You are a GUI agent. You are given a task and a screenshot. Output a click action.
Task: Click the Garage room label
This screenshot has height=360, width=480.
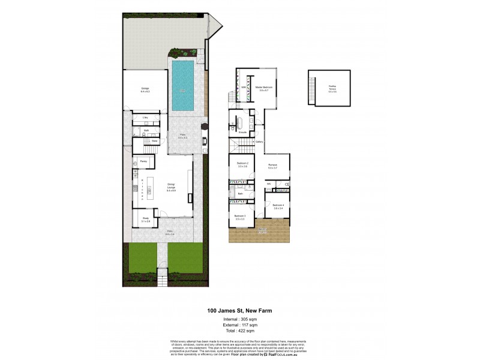[145, 90]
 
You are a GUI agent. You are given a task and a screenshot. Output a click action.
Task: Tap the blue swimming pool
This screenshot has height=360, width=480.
[182, 87]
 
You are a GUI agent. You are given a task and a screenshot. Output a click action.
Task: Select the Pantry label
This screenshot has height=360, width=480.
[143, 162]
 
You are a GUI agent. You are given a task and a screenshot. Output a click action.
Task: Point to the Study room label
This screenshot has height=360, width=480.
[146, 220]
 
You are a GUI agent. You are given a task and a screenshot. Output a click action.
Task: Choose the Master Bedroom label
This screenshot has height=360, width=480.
[264, 89]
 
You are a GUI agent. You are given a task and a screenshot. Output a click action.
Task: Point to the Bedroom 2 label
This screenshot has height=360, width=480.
[242, 165]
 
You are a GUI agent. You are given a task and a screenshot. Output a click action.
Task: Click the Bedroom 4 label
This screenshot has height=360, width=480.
[278, 206]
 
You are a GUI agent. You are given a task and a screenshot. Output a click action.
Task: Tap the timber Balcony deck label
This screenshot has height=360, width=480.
[262, 230]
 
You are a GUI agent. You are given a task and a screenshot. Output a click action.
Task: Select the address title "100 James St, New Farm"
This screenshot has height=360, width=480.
[240, 310]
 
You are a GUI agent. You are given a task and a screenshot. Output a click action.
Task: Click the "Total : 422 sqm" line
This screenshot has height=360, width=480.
[240, 331]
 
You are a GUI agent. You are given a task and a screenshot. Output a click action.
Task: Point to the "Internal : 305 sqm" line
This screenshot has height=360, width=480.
[240, 320]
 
